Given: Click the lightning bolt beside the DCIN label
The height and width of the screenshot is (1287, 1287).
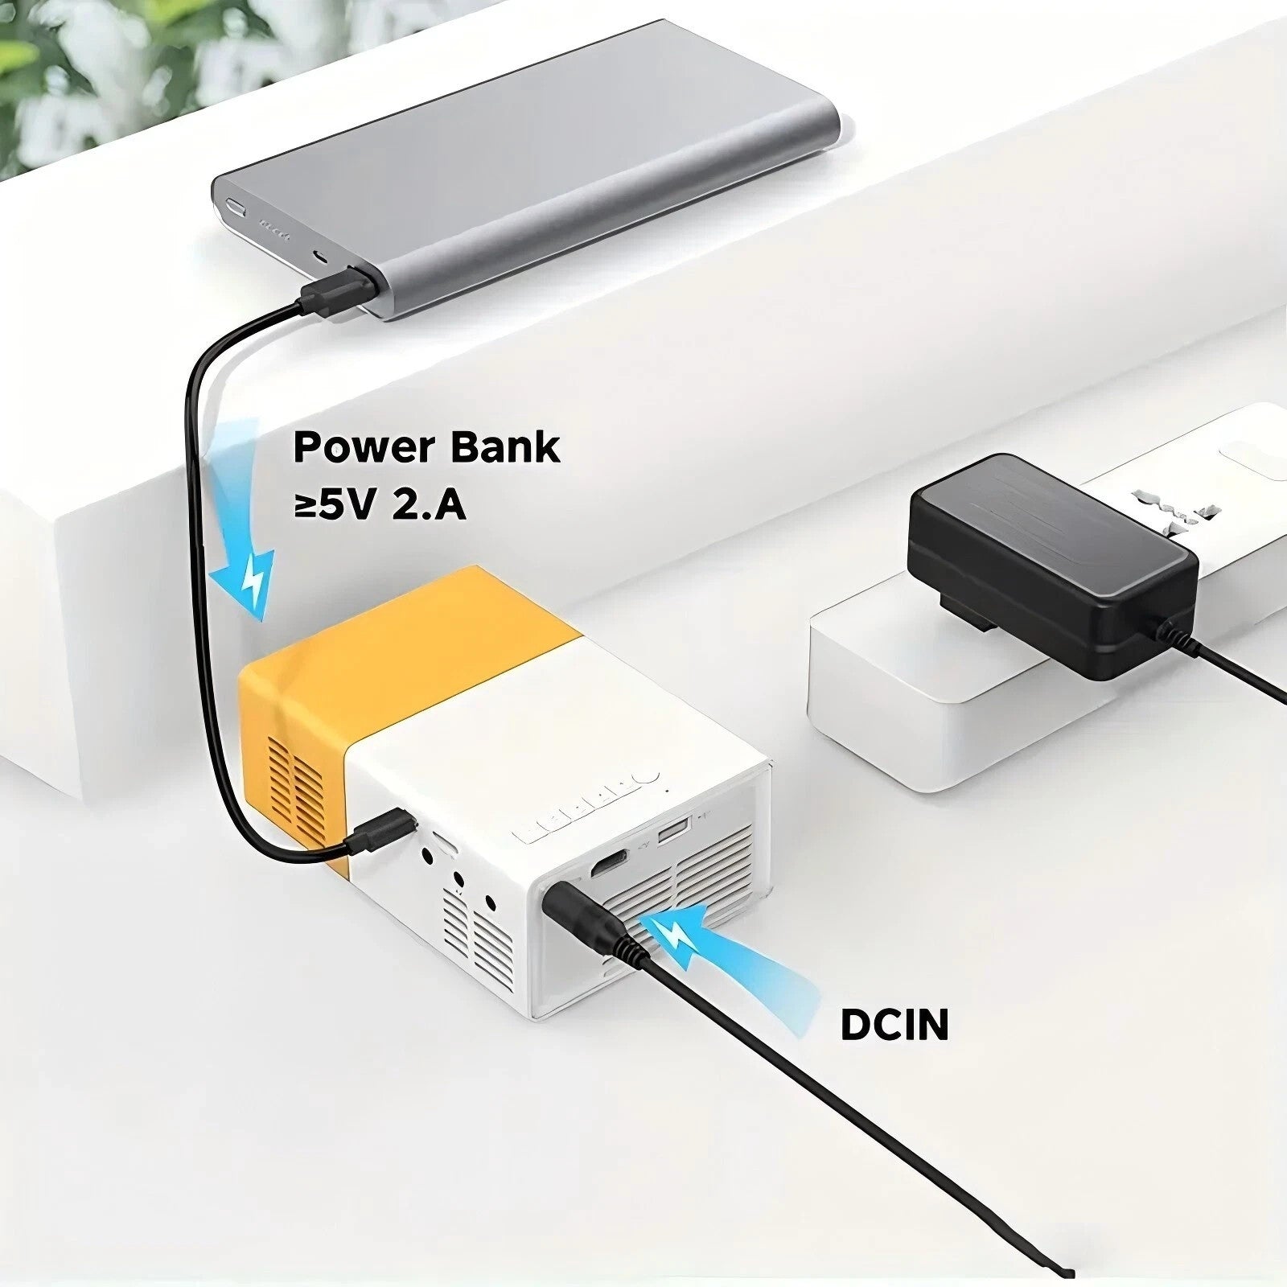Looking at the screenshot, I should click(672, 935).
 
